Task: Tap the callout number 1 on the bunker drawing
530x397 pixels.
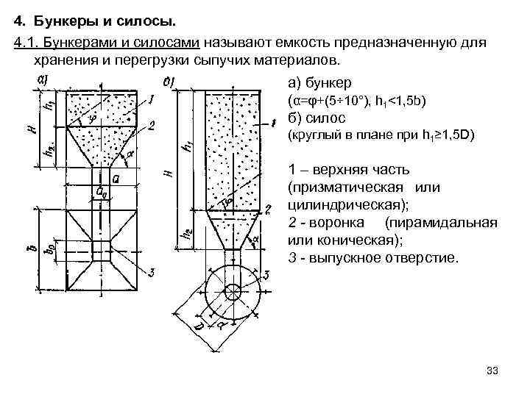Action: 150,98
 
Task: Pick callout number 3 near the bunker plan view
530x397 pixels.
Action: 150,273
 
